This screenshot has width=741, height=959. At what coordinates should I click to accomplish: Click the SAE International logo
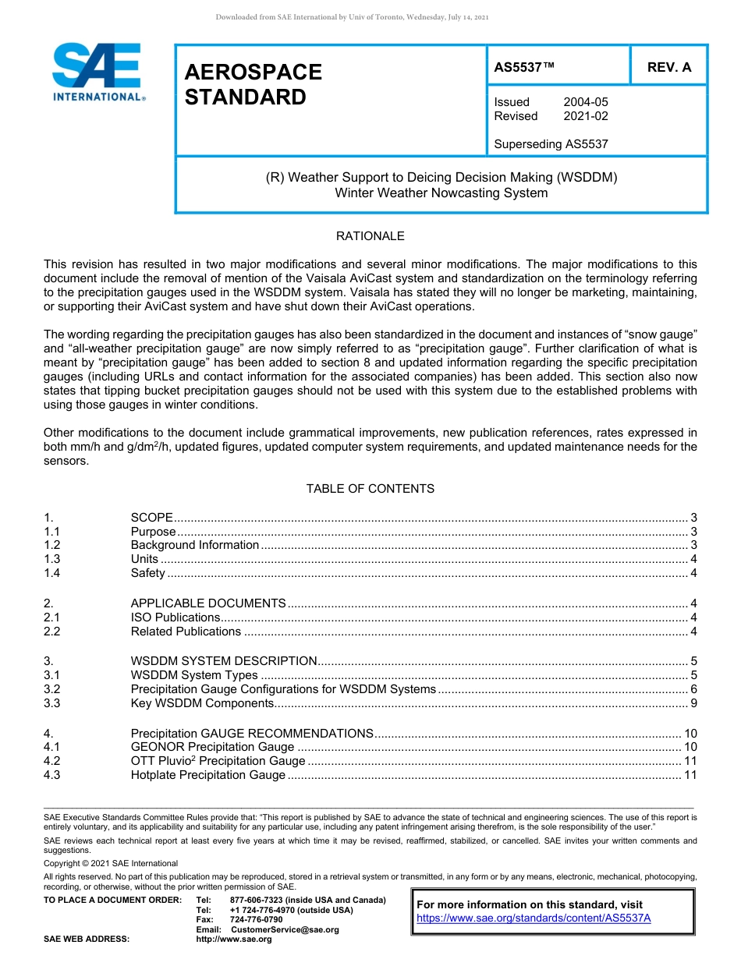[97, 73]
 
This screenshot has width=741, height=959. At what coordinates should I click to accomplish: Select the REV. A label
[669, 67]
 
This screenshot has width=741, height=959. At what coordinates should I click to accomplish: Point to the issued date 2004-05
[586, 102]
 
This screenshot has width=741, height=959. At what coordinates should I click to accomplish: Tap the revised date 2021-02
[586, 116]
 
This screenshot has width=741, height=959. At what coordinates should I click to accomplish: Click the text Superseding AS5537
[551, 143]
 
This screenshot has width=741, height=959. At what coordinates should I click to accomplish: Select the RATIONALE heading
[370, 235]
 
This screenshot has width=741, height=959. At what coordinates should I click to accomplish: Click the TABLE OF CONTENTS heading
[370, 489]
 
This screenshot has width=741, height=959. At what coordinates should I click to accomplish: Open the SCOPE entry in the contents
[151, 518]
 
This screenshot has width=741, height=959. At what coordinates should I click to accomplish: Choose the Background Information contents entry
[194, 545]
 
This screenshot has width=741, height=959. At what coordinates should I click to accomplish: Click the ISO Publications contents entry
[175, 618]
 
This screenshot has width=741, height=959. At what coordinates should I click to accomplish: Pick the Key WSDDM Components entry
[201, 703]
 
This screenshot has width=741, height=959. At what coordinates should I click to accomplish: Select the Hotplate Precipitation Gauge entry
[207, 775]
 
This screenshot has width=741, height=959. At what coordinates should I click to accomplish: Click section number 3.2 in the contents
[52, 689]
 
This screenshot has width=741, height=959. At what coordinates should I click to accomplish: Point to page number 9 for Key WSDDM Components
[693, 703]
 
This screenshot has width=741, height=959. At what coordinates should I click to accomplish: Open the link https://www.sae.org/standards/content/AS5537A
[534, 918]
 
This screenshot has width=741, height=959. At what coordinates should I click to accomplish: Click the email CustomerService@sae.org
[285, 929]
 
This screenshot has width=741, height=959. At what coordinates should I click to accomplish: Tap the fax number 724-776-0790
[257, 919]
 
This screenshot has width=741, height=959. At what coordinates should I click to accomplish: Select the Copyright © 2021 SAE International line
[111, 863]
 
